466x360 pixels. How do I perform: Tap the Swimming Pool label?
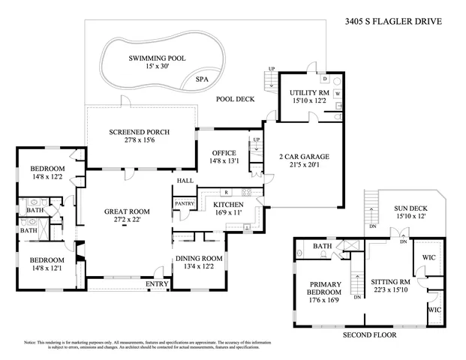157,58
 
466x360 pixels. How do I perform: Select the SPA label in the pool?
202,79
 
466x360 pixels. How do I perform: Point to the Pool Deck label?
236,98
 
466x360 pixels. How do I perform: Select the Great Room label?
127,212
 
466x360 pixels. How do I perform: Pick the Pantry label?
184,203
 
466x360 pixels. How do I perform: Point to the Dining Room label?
200,258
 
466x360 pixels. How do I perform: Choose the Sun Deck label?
410,208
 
